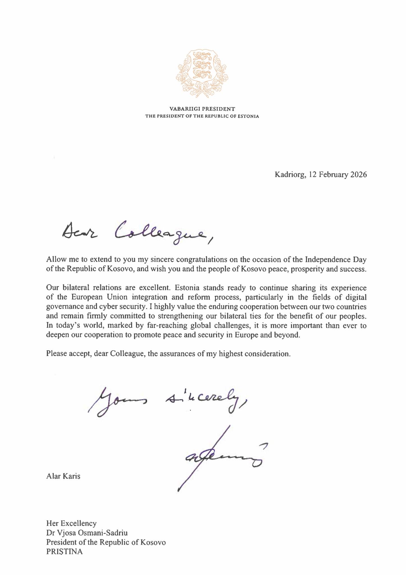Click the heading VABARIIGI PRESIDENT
202,109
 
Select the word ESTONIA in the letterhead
248,116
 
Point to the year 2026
358,175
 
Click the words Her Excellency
71,523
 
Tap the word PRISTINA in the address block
65,552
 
